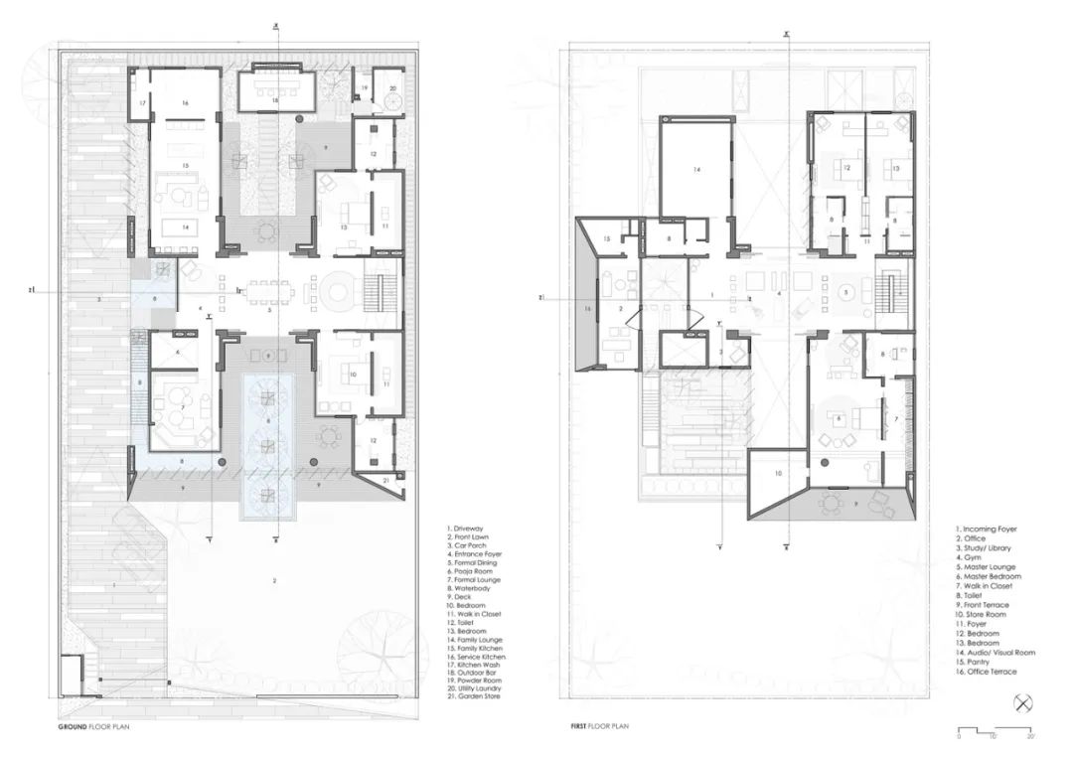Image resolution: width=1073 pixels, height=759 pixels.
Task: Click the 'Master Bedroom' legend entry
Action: coord(990,577)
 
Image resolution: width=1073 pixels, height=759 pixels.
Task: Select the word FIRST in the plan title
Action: coord(580,726)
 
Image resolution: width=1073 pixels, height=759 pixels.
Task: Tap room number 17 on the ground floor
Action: coord(142,103)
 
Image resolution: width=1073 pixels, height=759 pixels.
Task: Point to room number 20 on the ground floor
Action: coord(392,88)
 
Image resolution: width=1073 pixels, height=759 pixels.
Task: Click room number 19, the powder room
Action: coord(365,88)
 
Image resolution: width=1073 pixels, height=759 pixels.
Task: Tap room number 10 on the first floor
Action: coord(778,474)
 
